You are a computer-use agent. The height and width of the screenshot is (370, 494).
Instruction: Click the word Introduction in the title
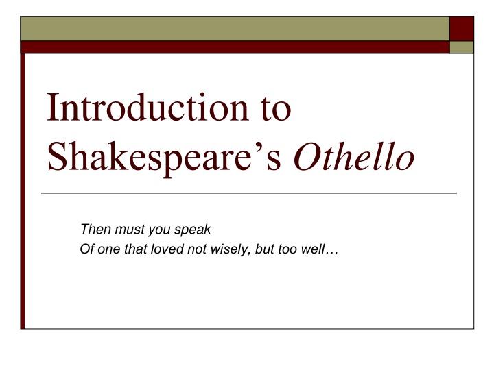tap(148, 107)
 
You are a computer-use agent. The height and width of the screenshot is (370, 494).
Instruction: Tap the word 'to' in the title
tap(276, 109)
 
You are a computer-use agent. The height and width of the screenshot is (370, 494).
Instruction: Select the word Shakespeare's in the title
tap(164, 156)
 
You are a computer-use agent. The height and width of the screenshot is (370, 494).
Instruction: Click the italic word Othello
tap(354, 156)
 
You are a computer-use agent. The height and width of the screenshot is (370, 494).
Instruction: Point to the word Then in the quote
tap(96, 229)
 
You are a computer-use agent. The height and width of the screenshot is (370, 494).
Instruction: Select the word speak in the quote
tap(193, 230)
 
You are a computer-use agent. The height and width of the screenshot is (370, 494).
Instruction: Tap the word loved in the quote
tap(167, 249)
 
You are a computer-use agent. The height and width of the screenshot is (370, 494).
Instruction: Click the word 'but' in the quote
tap(264, 249)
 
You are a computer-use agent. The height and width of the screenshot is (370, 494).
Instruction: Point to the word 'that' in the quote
tap(135, 249)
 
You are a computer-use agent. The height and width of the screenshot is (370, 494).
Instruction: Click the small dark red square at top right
tap(462, 29)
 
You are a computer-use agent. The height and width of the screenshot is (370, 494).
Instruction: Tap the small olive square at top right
tap(462, 47)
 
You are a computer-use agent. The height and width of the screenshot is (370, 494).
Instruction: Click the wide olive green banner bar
tap(235, 29)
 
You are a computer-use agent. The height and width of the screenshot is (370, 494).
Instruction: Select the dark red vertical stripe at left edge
tap(23, 191)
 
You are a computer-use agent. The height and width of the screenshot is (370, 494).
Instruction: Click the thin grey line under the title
tap(249, 193)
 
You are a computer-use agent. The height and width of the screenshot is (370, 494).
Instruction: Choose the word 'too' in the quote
tap(287, 249)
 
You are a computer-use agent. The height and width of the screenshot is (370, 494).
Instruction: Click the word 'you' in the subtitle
tap(159, 230)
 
